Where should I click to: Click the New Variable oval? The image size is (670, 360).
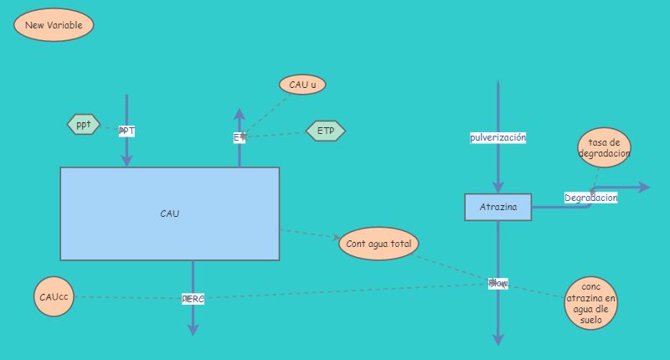click(54, 25)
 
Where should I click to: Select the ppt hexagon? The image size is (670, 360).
click(84, 125)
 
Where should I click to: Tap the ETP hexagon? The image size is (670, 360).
click(325, 131)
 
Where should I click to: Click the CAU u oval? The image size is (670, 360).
click(302, 85)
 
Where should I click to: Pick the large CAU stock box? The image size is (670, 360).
click(169, 213)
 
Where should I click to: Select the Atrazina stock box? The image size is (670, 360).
click(498, 207)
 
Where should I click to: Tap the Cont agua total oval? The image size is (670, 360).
click(379, 244)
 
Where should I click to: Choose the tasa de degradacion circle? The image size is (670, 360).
click(604, 148)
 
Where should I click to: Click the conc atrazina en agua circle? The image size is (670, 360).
click(591, 303)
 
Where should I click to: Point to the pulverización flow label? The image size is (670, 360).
click(497, 137)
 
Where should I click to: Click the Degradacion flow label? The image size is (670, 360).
click(590, 198)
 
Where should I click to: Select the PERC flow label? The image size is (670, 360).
click(193, 299)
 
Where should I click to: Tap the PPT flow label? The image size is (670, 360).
click(126, 131)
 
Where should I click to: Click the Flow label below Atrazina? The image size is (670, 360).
click(498, 283)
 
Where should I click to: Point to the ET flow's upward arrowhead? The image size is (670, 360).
click(239, 114)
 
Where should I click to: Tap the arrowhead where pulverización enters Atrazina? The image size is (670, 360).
click(498, 187)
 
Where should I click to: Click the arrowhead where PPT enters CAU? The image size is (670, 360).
click(127, 160)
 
